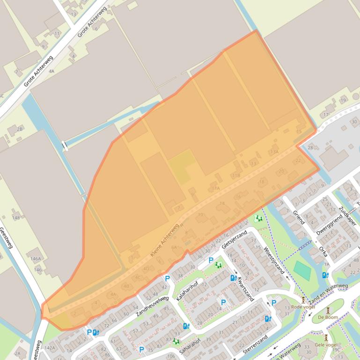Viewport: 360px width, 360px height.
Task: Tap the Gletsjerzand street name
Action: click(234, 240)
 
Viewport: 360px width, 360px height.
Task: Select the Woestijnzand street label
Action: click(274, 260)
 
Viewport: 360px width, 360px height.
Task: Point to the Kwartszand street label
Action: click(245, 288)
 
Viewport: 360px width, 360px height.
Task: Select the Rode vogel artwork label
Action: click(303, 307)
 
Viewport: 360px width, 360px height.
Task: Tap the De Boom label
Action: click(328, 317)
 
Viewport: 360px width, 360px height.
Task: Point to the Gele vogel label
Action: click(326, 345)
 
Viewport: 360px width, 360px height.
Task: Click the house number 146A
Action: click(36, 259)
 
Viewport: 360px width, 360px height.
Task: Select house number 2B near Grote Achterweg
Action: click(20, 129)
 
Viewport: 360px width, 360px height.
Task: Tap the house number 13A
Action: click(274, 151)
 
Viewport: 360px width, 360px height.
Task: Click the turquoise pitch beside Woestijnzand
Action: click(302, 270)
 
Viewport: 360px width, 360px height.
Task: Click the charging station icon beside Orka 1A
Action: click(325, 275)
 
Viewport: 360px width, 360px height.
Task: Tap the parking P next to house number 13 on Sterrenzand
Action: click(274, 302)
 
